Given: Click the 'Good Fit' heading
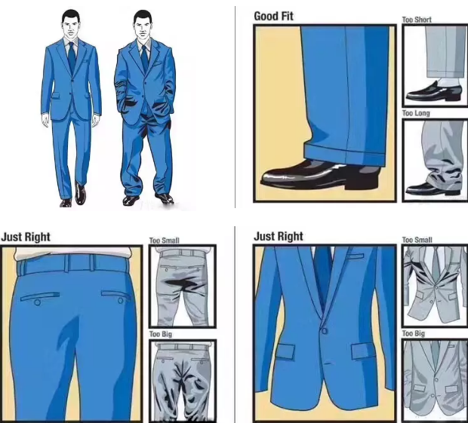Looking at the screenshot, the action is (x=273, y=16).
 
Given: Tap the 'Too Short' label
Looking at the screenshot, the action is (x=417, y=20).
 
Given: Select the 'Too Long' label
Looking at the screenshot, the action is (x=416, y=113).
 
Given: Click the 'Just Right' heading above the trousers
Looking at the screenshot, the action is (x=26, y=237).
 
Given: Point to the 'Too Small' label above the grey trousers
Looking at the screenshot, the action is (x=164, y=241).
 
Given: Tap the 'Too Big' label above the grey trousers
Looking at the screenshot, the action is (x=161, y=334).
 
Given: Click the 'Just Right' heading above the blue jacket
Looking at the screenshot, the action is (x=279, y=237).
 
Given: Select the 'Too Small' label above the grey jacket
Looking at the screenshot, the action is (x=417, y=240).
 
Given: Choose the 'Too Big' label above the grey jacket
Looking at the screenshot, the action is (x=414, y=333).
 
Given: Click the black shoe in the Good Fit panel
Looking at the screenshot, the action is (x=319, y=175).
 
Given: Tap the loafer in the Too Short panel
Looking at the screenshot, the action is (x=433, y=93).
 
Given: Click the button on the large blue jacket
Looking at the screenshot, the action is (x=324, y=330).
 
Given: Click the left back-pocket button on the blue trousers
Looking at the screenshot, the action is (x=37, y=302).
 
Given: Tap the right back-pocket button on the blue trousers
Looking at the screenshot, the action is (x=120, y=300).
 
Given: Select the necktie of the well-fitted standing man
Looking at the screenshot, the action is (x=72, y=57).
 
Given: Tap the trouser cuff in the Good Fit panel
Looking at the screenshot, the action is (x=345, y=153).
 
